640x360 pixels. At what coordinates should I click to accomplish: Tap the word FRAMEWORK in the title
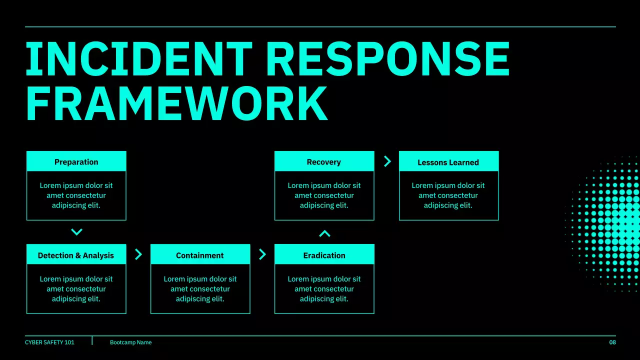click(x=176, y=104)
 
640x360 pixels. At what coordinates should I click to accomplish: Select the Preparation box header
click(x=76, y=161)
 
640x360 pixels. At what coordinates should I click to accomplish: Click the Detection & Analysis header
click(x=76, y=255)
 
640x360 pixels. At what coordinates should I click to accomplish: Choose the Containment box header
click(x=200, y=255)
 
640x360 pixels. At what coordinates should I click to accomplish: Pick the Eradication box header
click(x=324, y=255)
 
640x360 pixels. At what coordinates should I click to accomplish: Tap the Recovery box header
click(x=324, y=161)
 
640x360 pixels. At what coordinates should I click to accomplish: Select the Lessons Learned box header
click(x=448, y=162)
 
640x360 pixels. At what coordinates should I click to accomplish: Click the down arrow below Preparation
click(x=76, y=232)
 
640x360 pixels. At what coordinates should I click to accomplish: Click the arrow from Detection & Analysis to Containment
click(x=138, y=254)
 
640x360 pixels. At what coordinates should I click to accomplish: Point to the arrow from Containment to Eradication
click(x=262, y=254)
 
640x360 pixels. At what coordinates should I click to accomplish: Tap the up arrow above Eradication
click(x=324, y=233)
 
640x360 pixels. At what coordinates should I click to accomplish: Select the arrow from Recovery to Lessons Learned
click(x=387, y=161)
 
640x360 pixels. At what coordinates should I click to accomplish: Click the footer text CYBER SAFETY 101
click(x=49, y=342)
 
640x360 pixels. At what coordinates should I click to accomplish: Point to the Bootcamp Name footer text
click(x=130, y=342)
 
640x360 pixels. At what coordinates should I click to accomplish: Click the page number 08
click(x=612, y=342)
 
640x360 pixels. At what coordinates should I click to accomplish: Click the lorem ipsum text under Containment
click(x=200, y=289)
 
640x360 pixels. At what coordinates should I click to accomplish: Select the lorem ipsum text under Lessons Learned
click(x=448, y=195)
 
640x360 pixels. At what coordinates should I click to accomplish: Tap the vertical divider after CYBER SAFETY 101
click(x=92, y=340)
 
